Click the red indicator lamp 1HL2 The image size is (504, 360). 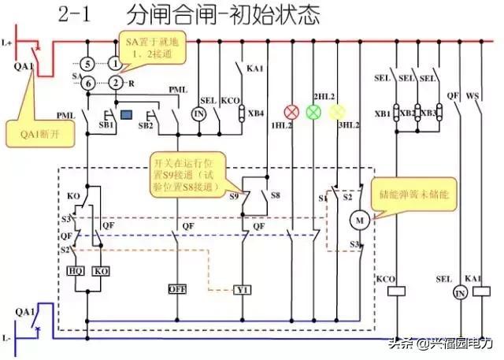coord(289,111)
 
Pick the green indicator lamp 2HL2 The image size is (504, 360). coord(313,111)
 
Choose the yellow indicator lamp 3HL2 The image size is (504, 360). coord(337,111)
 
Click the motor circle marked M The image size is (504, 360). coord(360,218)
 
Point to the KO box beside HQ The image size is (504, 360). coord(101,269)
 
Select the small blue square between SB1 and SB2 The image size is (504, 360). coord(125,116)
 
